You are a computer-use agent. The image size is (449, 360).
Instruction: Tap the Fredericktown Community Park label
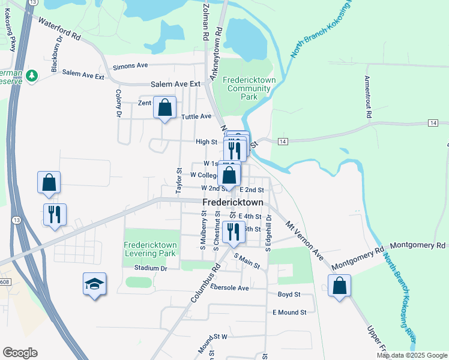pyautogui.click(x=249, y=88)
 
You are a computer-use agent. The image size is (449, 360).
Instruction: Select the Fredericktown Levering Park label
pyautogui.click(x=150, y=249)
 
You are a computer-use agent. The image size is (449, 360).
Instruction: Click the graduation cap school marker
pyautogui.click(x=95, y=284)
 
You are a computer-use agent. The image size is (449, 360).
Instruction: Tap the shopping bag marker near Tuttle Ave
pyautogui.click(x=164, y=109)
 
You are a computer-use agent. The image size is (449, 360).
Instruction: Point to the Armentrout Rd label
pyautogui.click(x=368, y=97)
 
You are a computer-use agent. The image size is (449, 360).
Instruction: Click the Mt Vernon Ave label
pyautogui.click(x=305, y=239)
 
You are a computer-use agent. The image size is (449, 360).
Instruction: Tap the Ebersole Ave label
pyautogui.click(x=226, y=288)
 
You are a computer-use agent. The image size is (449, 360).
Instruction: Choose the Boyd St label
pyautogui.click(x=289, y=295)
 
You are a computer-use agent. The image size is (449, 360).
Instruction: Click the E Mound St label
pyautogui.click(x=289, y=313)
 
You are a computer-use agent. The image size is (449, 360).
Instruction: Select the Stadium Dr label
pyautogui.click(x=150, y=268)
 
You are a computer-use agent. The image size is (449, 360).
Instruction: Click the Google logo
pyautogui.click(x=20, y=353)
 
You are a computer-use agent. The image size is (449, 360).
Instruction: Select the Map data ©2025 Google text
pyautogui.click(x=412, y=355)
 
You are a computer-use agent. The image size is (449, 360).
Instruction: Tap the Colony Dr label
pyautogui.click(x=118, y=103)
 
